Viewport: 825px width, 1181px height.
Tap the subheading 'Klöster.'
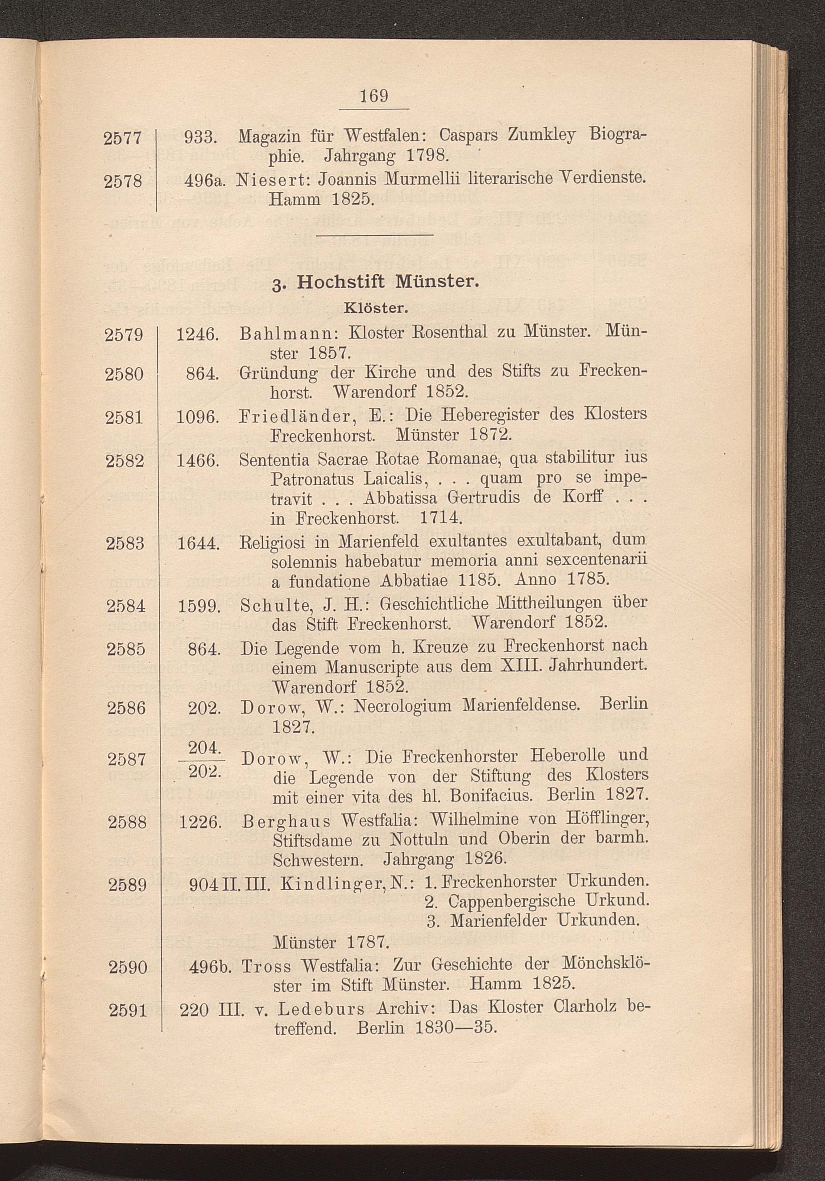point(376,309)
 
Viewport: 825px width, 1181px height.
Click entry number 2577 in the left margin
point(123,138)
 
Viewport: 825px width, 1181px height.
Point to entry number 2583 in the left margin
point(125,544)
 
